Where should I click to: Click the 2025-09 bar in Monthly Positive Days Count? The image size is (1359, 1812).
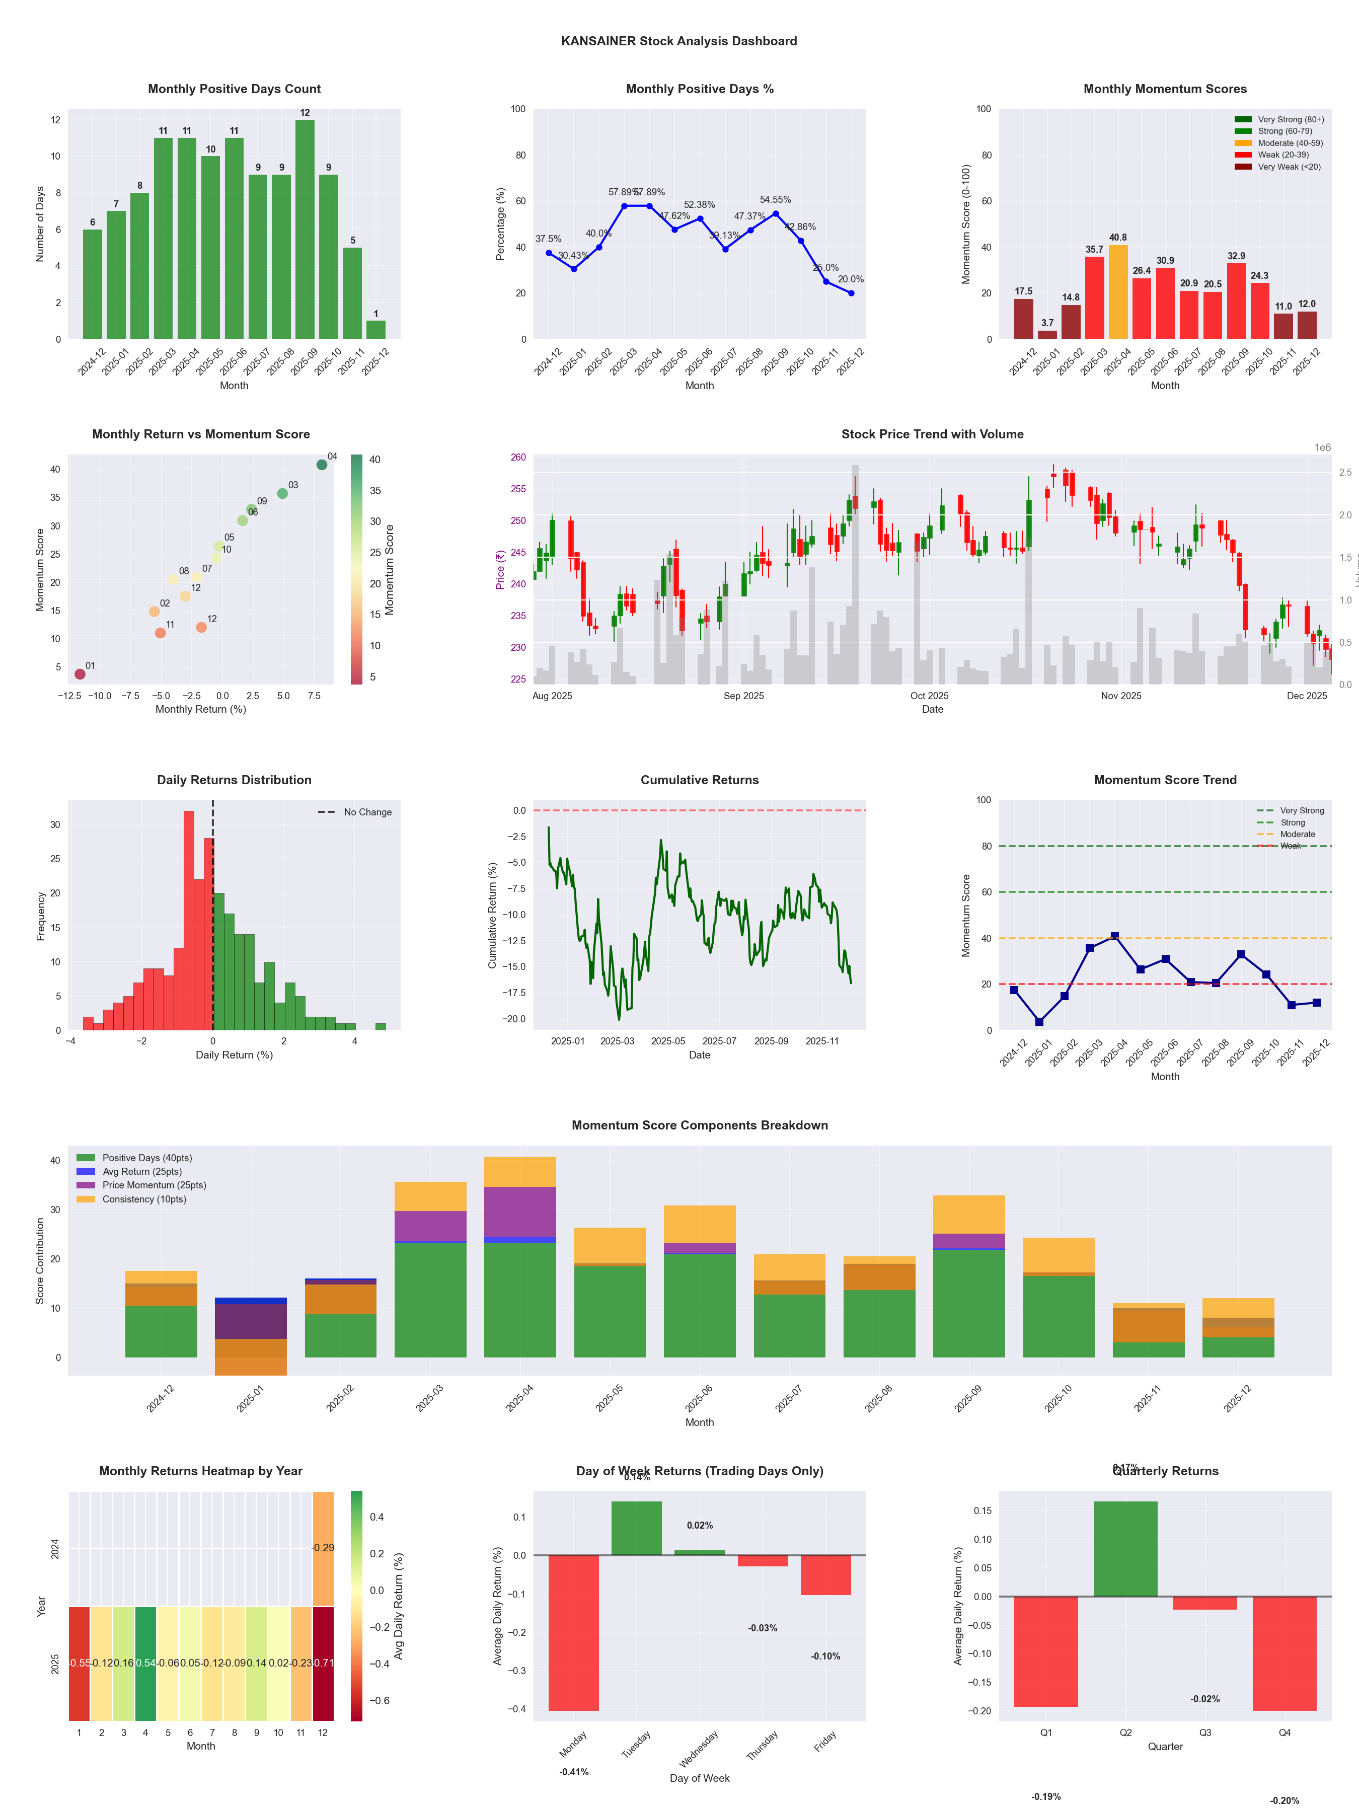(x=305, y=230)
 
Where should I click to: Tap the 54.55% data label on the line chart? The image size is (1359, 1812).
(x=775, y=200)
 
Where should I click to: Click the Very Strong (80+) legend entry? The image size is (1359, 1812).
(x=1290, y=120)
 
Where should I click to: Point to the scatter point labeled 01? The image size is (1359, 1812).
(x=80, y=674)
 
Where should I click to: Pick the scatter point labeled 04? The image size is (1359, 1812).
(x=322, y=465)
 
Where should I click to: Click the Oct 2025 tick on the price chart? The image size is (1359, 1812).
(x=929, y=696)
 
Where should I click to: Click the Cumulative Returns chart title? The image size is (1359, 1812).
(x=700, y=780)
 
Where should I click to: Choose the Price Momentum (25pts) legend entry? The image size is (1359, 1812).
(x=154, y=1185)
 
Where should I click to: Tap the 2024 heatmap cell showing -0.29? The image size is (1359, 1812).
(x=323, y=1548)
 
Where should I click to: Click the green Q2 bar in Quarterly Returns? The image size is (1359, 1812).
(x=1125, y=1548)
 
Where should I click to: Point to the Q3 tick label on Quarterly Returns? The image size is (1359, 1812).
(x=1205, y=1732)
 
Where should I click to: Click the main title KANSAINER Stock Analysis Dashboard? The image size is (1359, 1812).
(x=678, y=41)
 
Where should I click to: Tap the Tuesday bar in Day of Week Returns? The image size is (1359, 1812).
(x=637, y=1528)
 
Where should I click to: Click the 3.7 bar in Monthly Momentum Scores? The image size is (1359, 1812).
(x=1047, y=334)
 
